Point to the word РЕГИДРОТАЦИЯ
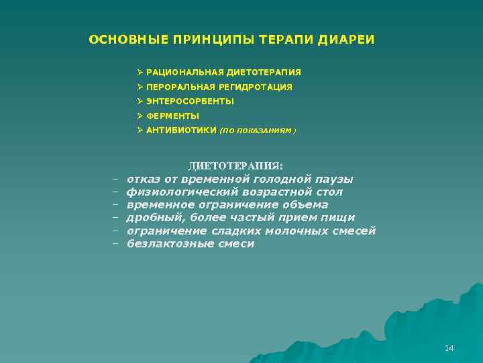pos(259,87)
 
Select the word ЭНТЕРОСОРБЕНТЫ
pos(190,102)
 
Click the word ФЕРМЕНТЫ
pos(172,116)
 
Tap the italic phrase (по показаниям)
pos(258,131)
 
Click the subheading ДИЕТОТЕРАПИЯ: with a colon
pos(236,165)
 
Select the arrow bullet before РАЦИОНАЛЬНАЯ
pos(140,72)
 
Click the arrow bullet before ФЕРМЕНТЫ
pos(140,116)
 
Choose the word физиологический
pos(175,192)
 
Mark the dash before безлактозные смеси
pos(115,244)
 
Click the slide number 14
pos(449,348)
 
